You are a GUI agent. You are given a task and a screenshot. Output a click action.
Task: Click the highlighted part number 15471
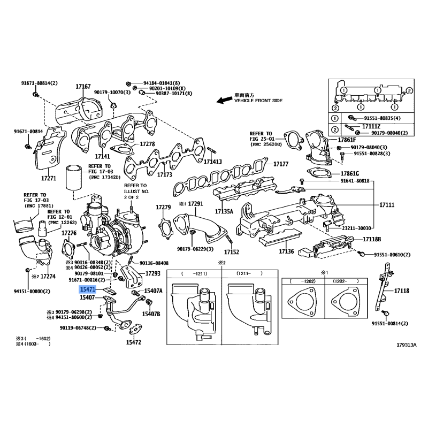87,288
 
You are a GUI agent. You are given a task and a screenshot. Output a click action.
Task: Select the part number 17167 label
83,86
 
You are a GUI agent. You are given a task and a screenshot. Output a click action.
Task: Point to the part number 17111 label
387,205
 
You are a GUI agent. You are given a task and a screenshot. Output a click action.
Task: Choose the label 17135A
225,211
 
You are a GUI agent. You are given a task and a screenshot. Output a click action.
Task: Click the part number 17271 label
49,177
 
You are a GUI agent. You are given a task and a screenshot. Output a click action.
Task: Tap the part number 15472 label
134,342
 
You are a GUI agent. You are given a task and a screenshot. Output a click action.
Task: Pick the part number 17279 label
163,207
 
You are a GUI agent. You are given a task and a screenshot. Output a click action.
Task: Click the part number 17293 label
153,273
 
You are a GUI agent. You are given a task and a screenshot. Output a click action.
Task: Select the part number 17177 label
281,164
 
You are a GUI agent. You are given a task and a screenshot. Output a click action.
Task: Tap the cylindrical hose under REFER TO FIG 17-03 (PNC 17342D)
72,178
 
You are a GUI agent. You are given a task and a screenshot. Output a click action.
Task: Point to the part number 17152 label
231,251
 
